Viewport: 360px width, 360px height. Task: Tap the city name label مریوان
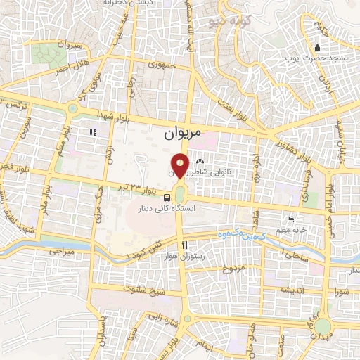183,132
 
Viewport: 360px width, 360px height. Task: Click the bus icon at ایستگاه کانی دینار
168,198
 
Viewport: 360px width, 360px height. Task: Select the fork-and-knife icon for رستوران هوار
185,245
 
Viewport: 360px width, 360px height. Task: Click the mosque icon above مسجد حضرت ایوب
318,48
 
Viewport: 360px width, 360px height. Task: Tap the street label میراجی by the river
60,250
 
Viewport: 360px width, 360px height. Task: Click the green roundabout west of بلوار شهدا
72,109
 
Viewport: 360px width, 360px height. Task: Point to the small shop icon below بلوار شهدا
91,131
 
